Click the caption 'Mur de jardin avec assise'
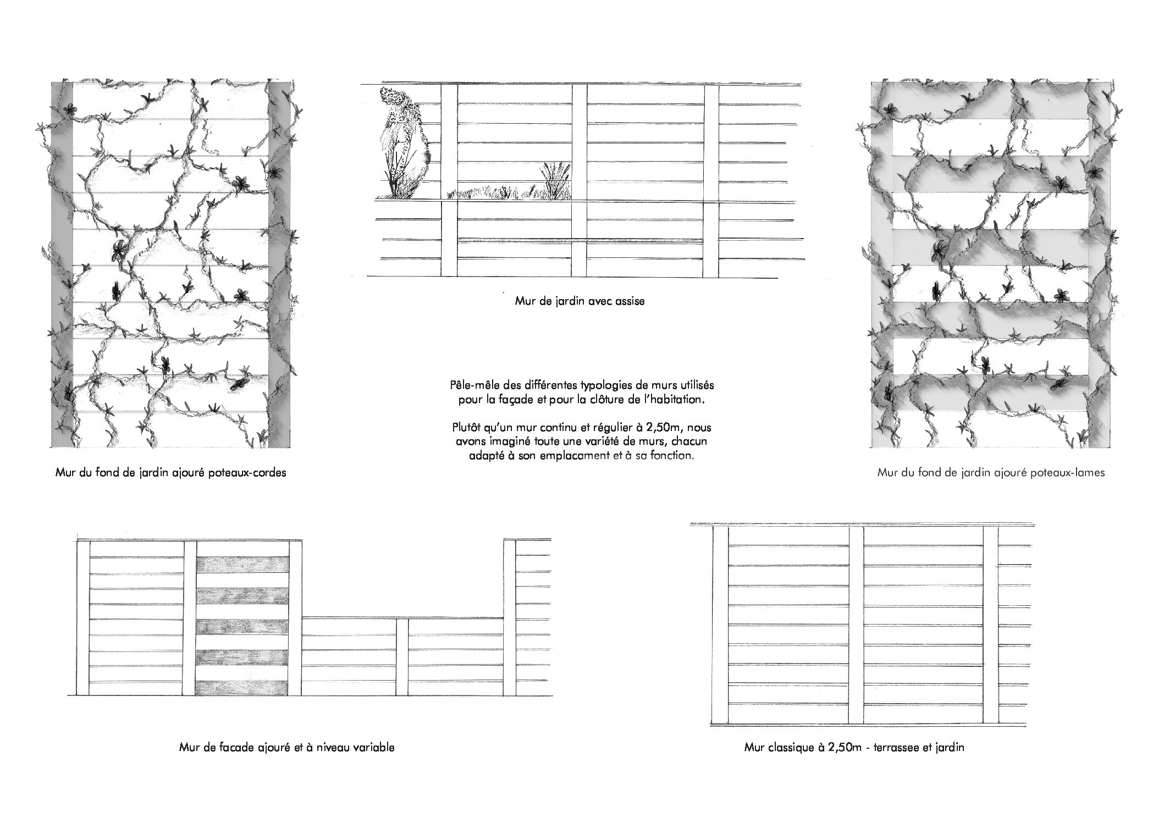tap(580, 301)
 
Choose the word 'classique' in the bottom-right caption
tap(788, 748)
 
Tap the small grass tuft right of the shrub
tap(555, 180)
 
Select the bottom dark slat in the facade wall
tap(242, 689)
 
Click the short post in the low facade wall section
tap(402, 657)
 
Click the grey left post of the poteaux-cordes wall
tap(62, 264)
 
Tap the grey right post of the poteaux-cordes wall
tap(277, 264)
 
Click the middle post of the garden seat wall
tap(580, 181)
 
